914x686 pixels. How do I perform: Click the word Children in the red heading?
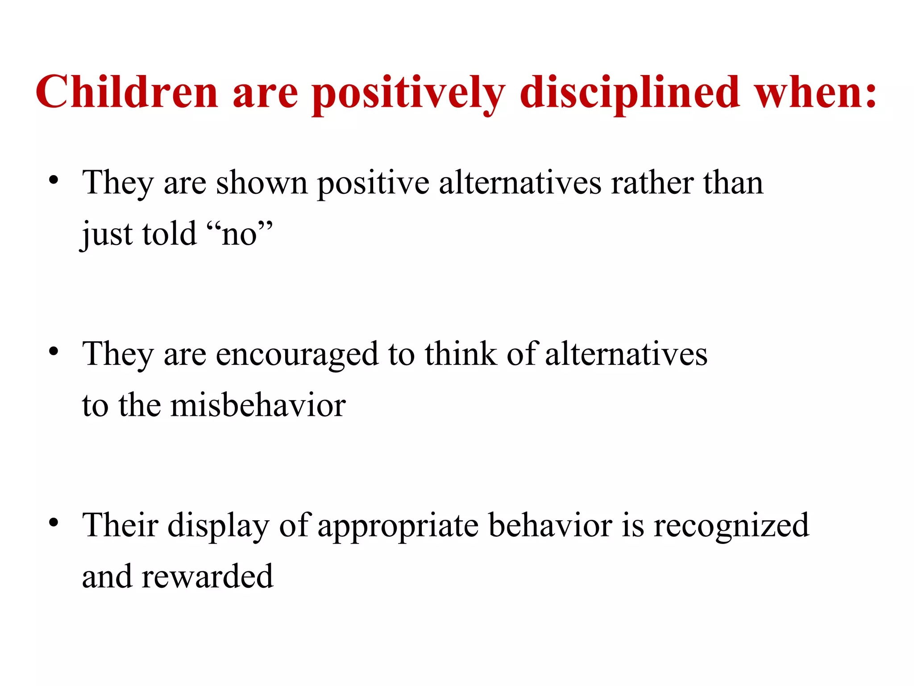pyautogui.click(x=127, y=92)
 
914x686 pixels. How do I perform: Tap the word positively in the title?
pyautogui.click(x=408, y=93)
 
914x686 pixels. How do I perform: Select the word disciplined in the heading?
pyautogui.click(x=630, y=93)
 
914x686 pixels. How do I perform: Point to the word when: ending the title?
pyautogui.click(x=815, y=92)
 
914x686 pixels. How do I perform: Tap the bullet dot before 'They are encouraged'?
pyautogui.click(x=54, y=351)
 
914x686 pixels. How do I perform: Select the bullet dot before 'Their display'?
pyautogui.click(x=54, y=523)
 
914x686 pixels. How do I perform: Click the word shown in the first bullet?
pyautogui.click(x=262, y=183)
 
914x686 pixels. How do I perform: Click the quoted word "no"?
pyautogui.click(x=240, y=234)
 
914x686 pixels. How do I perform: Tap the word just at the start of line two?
pyautogui.click(x=107, y=234)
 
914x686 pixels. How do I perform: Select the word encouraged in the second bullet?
pyautogui.click(x=297, y=354)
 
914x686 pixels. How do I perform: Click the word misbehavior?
pyautogui.click(x=258, y=405)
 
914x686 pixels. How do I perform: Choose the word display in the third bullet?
pyautogui.click(x=218, y=526)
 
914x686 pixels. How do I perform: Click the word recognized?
pyautogui.click(x=731, y=526)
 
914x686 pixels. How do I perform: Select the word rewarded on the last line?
pyautogui.click(x=207, y=576)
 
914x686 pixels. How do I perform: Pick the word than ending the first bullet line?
pyautogui.click(x=733, y=183)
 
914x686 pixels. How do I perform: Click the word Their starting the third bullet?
pyautogui.click(x=120, y=525)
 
